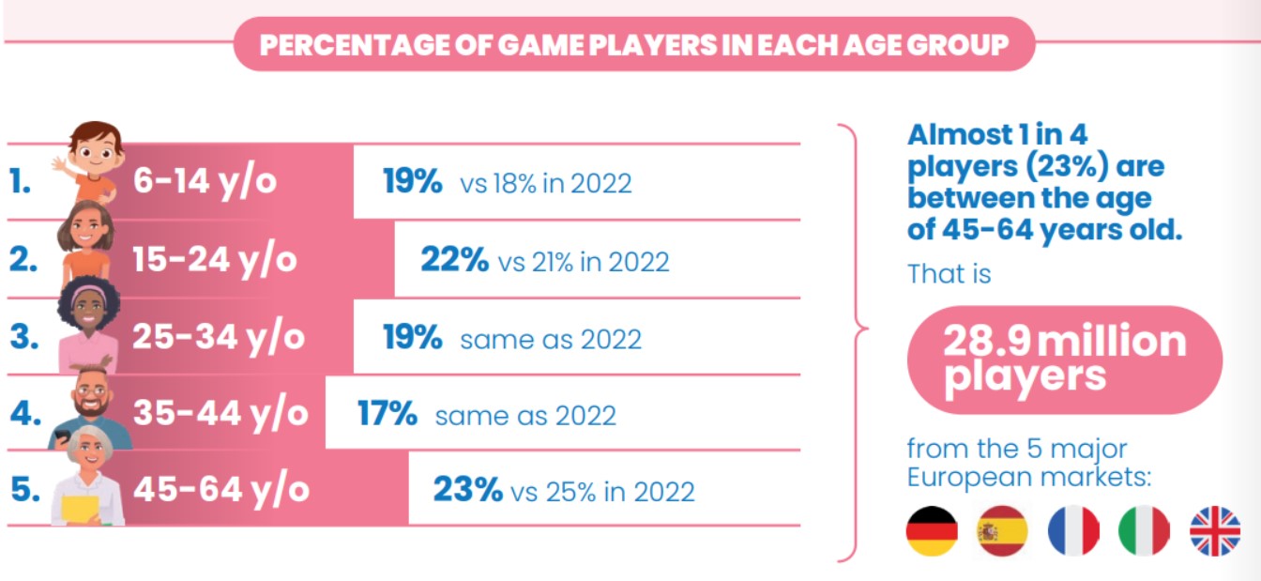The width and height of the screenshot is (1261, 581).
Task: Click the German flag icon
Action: click(931, 531)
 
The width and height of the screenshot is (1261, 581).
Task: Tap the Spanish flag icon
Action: click(1002, 531)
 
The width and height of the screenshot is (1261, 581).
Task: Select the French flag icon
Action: click(1072, 531)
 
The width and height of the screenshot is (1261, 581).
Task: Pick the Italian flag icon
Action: click(1144, 531)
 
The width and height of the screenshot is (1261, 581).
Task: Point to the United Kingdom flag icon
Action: click(1215, 531)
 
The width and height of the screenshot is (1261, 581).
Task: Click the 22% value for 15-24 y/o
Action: click(454, 260)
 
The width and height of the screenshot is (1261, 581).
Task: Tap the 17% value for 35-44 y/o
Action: click(387, 414)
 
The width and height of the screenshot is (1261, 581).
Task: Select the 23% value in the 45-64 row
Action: click(467, 490)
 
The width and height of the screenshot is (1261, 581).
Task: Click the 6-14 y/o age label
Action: click(205, 181)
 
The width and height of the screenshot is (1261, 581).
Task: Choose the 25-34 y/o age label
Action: click(219, 337)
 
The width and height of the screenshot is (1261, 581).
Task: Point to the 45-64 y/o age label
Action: click(220, 490)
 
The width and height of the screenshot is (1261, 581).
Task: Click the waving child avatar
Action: click(92, 162)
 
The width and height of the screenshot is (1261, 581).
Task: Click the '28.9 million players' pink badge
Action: click(1065, 359)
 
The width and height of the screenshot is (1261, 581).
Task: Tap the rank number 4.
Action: click(22, 414)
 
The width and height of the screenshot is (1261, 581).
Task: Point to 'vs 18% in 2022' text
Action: click(545, 183)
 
